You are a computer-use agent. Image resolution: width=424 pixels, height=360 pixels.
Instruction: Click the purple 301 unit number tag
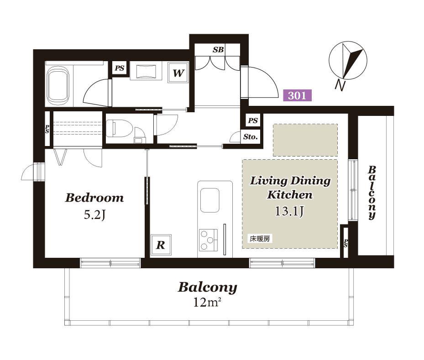[x=297, y=95]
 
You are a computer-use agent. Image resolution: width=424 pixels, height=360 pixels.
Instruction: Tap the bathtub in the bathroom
[x=58, y=86]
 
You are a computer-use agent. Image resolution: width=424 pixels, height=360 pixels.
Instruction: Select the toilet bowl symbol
[x=119, y=128]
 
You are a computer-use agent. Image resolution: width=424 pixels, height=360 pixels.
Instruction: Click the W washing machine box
[x=178, y=73]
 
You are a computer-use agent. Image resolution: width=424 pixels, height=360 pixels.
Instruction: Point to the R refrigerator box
[x=161, y=245]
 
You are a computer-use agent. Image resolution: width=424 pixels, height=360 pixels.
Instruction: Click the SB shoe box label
[x=218, y=50]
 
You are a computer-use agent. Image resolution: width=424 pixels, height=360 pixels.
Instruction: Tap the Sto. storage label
[x=250, y=137]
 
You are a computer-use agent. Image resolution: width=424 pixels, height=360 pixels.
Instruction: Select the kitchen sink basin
[x=209, y=200]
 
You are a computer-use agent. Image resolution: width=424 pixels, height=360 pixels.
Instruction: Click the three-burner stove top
[x=208, y=240]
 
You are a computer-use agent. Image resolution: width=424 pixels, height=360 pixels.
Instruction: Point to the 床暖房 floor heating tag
[x=260, y=239]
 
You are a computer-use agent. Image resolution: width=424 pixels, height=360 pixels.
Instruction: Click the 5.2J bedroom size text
[x=94, y=215]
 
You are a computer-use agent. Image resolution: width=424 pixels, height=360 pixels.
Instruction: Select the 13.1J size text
[x=289, y=211]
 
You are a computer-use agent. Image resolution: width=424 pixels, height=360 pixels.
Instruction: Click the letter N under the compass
[x=340, y=85]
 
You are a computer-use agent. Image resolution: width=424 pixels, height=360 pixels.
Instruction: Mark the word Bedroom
[x=94, y=198]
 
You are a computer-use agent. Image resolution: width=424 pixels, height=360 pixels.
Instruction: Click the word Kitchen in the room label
[x=290, y=194]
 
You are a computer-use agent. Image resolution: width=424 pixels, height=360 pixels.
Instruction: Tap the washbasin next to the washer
[x=146, y=71]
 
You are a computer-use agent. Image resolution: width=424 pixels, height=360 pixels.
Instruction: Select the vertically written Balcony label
[x=372, y=193]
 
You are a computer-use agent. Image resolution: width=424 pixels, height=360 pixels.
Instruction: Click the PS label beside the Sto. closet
[x=253, y=120]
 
